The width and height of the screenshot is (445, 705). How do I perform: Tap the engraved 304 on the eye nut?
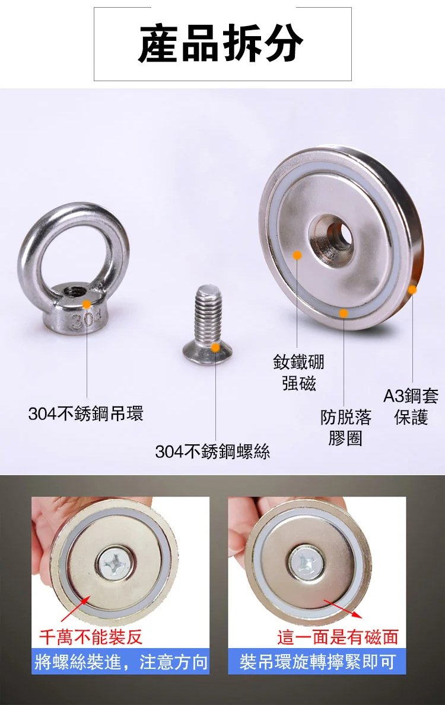(85, 320)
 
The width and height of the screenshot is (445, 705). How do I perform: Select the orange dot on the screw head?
(216, 347)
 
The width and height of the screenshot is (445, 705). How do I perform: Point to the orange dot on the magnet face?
(297, 255)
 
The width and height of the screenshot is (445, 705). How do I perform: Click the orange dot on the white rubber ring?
(344, 313)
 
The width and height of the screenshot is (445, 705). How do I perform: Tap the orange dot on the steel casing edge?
(412, 290)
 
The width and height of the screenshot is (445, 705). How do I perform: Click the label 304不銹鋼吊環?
(85, 413)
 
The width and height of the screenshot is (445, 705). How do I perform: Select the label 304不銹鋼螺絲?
(212, 451)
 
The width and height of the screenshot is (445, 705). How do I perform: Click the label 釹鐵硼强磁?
(298, 373)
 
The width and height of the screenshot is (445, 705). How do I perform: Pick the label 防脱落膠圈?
(345, 427)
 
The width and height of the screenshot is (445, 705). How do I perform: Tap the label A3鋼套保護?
(411, 406)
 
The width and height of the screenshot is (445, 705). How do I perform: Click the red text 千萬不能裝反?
(91, 637)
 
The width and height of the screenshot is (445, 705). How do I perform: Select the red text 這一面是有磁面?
(338, 637)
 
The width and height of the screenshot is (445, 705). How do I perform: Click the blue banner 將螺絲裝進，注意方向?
(120, 661)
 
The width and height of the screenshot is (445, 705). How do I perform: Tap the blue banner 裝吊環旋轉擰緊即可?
(317, 661)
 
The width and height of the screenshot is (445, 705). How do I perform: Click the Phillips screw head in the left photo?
(115, 562)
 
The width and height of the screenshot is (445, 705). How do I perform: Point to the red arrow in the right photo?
(343, 609)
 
